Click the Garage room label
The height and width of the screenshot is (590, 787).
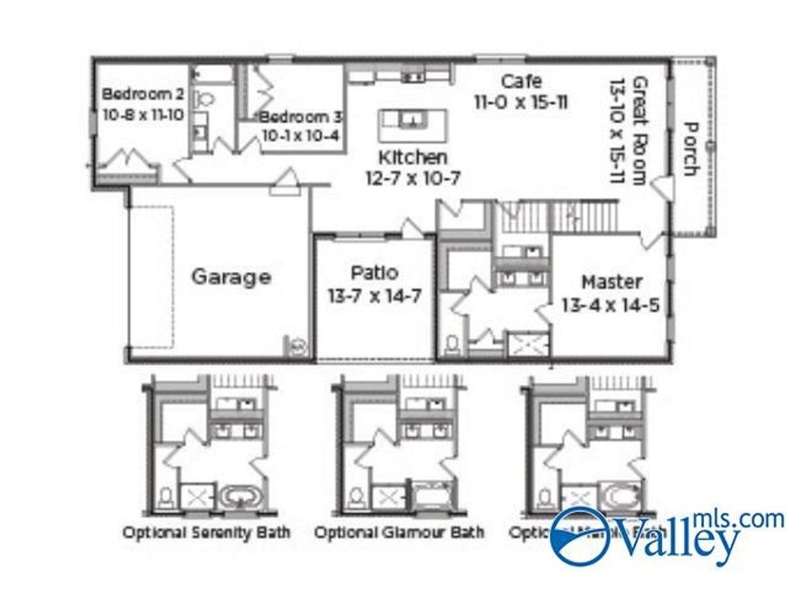[231, 277]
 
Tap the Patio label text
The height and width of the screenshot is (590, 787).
[374, 272]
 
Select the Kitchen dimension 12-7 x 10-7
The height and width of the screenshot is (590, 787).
[413, 177]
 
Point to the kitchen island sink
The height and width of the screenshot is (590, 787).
[410, 120]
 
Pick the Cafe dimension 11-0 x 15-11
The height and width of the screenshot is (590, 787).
[521, 102]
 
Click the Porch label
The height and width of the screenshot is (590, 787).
[690, 149]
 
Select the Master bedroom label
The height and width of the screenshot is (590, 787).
[612, 282]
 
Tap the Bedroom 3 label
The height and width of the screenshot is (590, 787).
[301, 117]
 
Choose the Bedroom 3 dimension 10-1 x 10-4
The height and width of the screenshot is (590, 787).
[301, 135]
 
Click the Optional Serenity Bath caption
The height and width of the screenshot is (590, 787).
[206, 531]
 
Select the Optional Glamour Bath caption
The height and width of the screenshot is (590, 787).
[399, 531]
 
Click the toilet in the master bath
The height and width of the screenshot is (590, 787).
[453, 344]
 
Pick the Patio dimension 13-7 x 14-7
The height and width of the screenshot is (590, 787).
[374, 296]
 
